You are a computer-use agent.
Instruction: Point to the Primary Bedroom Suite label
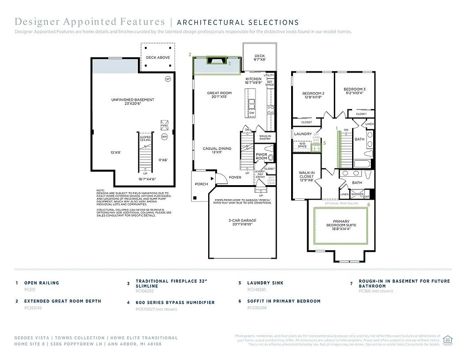point(345,223)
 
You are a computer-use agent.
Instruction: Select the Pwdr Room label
point(261,156)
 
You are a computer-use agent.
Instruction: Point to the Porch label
point(201,184)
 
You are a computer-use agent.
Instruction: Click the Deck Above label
point(157,58)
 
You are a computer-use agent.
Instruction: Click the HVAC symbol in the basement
point(164,126)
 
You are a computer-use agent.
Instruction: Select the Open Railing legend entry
point(42,283)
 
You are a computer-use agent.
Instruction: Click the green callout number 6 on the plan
point(368,205)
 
